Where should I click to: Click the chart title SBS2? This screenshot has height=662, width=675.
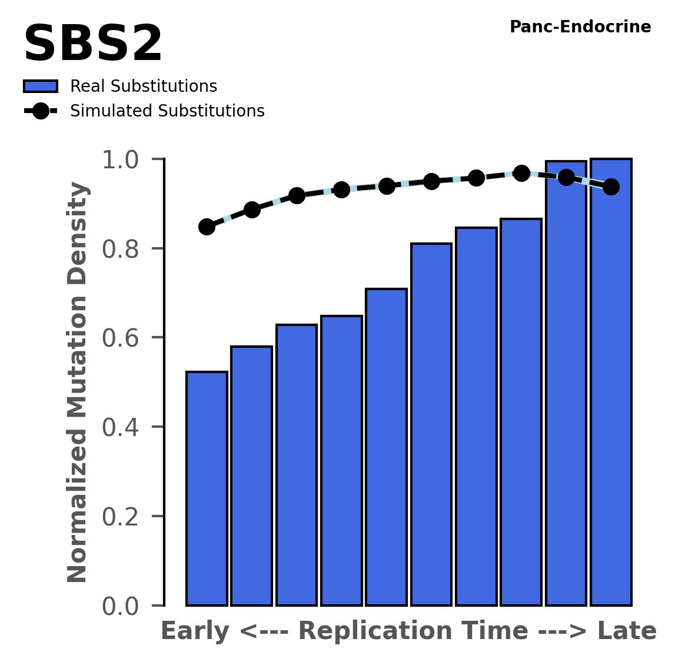pos(92,45)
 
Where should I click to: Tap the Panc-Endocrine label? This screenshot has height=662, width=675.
pos(580,27)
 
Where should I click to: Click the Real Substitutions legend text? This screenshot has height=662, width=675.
pos(144,87)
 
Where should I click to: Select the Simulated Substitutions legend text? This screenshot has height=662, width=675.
pos(167,111)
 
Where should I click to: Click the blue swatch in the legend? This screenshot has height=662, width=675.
pos(41,87)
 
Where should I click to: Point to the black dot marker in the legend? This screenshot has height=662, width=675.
pos(41,111)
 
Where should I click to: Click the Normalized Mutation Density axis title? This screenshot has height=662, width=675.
pos(78,382)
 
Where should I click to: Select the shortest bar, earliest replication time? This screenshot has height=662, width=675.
pos(207,488)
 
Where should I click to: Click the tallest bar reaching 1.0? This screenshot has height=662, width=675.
pos(611,382)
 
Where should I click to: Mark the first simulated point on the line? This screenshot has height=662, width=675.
pos(207,227)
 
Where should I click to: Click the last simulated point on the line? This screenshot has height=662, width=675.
pos(611,187)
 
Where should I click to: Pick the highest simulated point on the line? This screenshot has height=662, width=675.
pos(521,173)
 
